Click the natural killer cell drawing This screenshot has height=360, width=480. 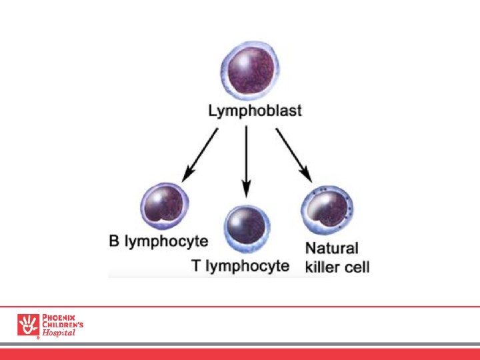pos(327,209)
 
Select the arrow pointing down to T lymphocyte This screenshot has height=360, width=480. pos(247,161)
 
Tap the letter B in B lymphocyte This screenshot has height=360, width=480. pos(115,241)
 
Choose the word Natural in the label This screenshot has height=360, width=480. pos(332,248)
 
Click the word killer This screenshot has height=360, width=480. pos(322,267)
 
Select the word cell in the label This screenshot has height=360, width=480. pos(356,267)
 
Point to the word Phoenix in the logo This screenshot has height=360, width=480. pos(59,317)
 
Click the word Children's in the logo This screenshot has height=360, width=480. pos(63,325)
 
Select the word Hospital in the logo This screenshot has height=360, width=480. pos(59,333)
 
